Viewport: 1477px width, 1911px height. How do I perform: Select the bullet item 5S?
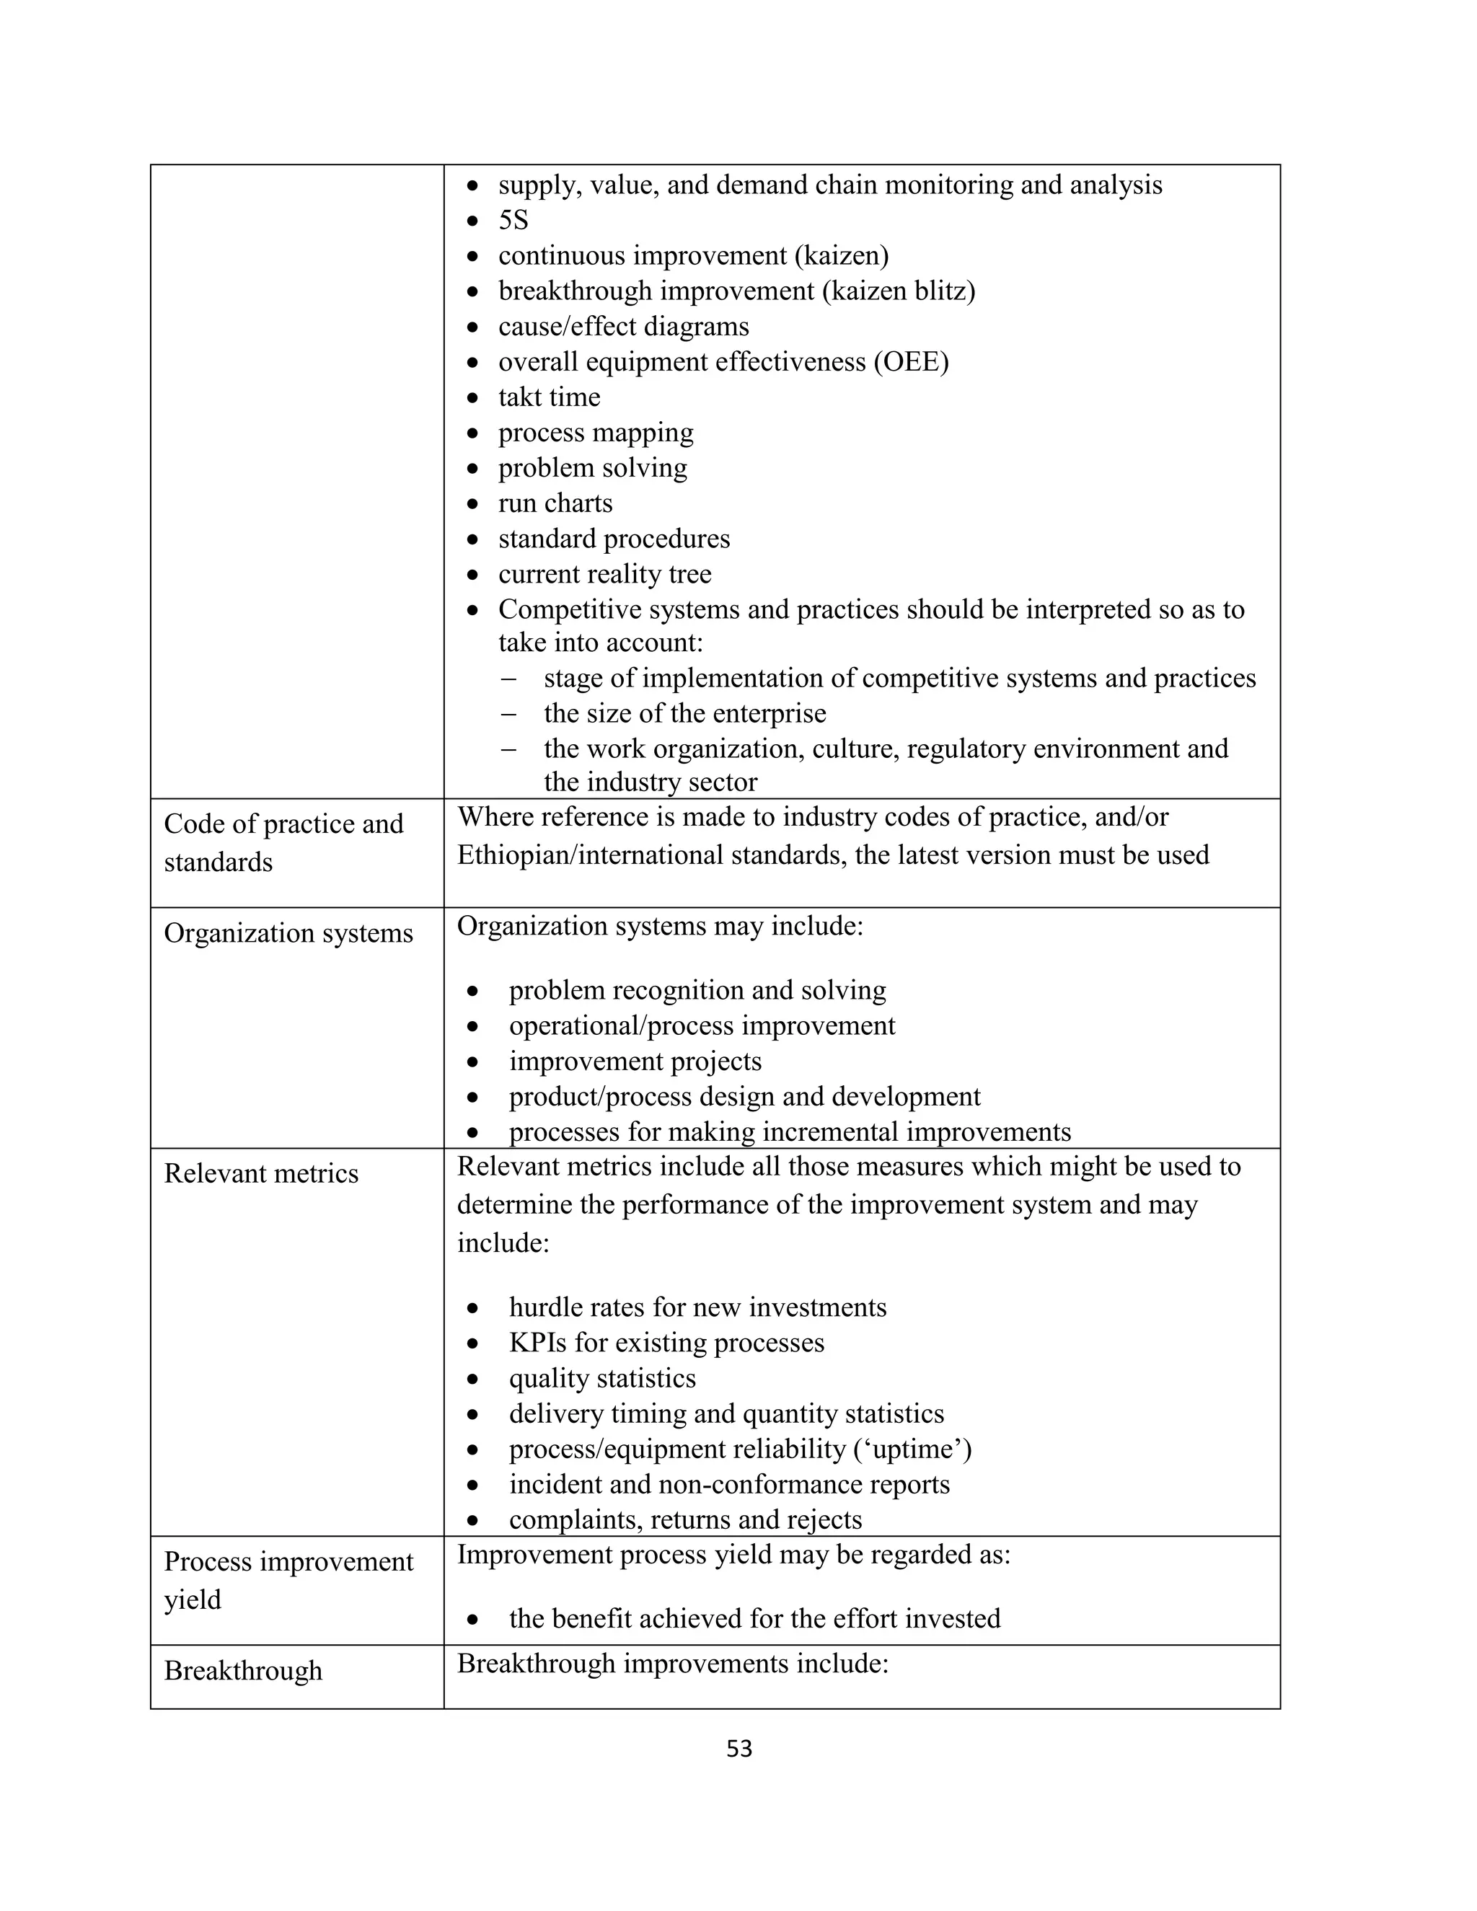click(513, 221)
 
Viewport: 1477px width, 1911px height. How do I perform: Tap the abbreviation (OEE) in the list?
click(911, 361)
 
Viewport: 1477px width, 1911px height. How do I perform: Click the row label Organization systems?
click(288, 934)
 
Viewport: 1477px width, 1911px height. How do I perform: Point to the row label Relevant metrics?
click(261, 1174)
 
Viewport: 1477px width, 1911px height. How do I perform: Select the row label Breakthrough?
click(243, 1670)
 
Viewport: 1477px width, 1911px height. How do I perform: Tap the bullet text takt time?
click(549, 397)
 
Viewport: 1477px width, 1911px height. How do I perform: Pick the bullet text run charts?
click(555, 503)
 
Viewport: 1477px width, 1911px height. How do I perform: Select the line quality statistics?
click(602, 1378)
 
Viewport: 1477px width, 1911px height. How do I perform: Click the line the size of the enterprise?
click(684, 713)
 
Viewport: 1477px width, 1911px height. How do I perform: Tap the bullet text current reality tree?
click(604, 574)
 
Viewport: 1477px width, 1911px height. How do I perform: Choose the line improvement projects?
click(635, 1062)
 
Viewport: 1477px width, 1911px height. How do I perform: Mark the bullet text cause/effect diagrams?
click(623, 327)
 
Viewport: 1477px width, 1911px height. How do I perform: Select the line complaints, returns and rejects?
click(685, 1520)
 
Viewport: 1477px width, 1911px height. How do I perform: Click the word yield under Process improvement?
click(193, 1599)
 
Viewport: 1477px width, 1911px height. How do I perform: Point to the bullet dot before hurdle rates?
click(472, 1309)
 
